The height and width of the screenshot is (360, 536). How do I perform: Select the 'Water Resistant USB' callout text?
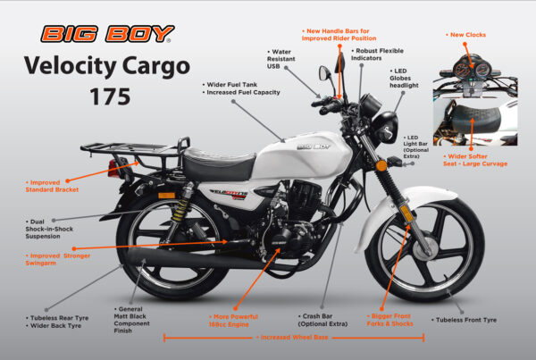285,59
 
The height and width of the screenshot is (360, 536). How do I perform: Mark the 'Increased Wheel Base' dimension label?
292,339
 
